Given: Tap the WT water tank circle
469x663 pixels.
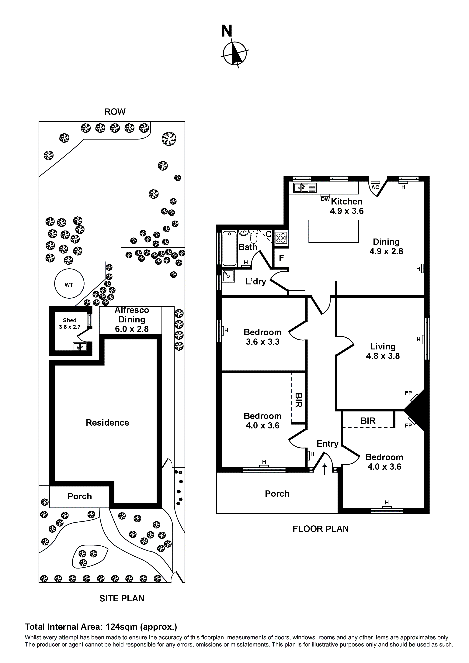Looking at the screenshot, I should point(69,283).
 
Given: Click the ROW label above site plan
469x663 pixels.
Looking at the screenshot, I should point(115,112).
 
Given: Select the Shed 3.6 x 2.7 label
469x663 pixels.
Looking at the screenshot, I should point(70,323).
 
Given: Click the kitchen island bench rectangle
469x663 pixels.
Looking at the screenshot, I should point(333,231).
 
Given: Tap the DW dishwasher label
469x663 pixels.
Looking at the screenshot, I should point(325,199).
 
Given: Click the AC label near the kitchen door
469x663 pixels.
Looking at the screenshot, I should point(375,187).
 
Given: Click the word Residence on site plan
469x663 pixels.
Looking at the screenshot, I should point(107,422).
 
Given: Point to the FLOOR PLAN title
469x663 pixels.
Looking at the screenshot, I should point(321,529).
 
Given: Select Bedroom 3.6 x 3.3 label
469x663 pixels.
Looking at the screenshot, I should point(262,337).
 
